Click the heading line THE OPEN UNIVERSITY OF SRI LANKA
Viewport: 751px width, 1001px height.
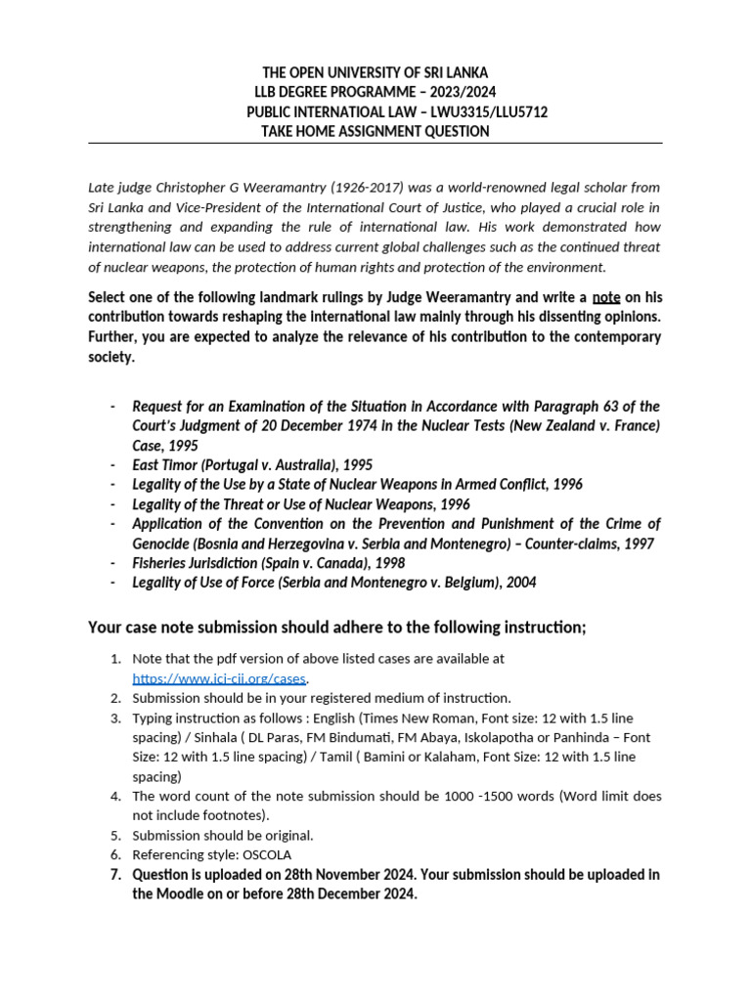click(x=375, y=73)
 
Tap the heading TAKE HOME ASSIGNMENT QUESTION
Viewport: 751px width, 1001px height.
click(x=375, y=132)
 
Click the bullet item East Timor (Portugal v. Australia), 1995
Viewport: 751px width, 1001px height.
click(x=252, y=465)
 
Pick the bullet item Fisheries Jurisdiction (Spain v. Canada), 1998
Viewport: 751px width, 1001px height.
click(x=268, y=563)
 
